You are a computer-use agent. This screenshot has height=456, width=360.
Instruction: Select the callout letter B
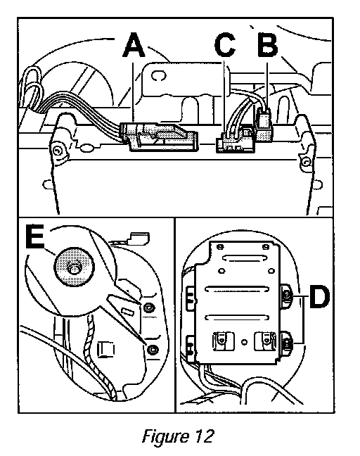268,45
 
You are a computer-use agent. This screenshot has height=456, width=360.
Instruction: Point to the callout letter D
319,297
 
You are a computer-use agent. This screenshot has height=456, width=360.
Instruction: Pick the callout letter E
34,236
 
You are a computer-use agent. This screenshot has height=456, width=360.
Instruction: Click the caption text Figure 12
178,436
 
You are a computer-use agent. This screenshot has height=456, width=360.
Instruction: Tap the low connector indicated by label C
236,141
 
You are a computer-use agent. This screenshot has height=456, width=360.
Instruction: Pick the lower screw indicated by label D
287,344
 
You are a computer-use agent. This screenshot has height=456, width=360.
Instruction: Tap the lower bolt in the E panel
153,349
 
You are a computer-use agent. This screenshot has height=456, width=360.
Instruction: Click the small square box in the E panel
105,349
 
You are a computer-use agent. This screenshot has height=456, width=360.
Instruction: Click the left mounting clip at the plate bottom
224,341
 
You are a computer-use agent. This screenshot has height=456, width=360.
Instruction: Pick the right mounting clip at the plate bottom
265,341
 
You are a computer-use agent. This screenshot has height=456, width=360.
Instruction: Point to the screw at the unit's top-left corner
57,150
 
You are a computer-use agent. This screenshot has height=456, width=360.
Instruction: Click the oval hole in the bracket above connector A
159,76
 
